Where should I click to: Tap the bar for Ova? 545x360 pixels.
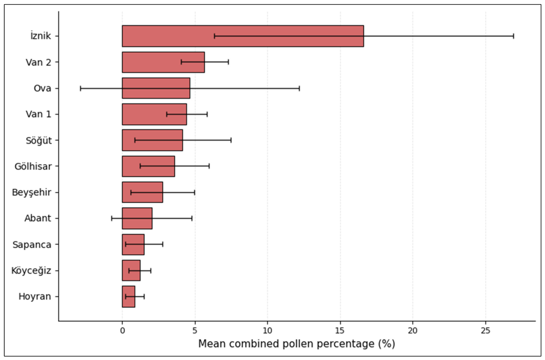pyautogui.click(x=156, y=88)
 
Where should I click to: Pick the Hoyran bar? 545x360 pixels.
pyautogui.click(x=128, y=297)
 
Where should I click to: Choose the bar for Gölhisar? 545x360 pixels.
pyautogui.click(x=148, y=166)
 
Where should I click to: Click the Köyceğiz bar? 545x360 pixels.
pyautogui.click(x=131, y=270)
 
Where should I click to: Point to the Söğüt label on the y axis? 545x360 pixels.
pyautogui.click(x=39, y=140)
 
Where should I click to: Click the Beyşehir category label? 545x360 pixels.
pyautogui.click(x=32, y=192)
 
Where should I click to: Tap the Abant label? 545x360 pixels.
pyautogui.click(x=38, y=218)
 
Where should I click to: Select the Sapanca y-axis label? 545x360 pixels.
pyautogui.click(x=32, y=244)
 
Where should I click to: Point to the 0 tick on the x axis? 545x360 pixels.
pyautogui.click(x=122, y=330)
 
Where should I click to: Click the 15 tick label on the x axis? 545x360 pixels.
pyautogui.click(x=340, y=330)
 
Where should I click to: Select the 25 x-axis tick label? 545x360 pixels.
pyautogui.click(x=485, y=330)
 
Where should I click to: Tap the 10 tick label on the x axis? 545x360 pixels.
pyautogui.click(x=267, y=330)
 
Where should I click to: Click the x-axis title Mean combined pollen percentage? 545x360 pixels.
pyautogui.click(x=296, y=344)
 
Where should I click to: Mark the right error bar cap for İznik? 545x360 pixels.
pyautogui.click(x=514, y=36)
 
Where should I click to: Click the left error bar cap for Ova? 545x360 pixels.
pyautogui.click(x=80, y=88)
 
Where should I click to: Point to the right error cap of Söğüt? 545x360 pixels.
pyautogui.click(x=231, y=140)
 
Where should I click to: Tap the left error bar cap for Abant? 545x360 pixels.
pyautogui.click(x=112, y=218)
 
